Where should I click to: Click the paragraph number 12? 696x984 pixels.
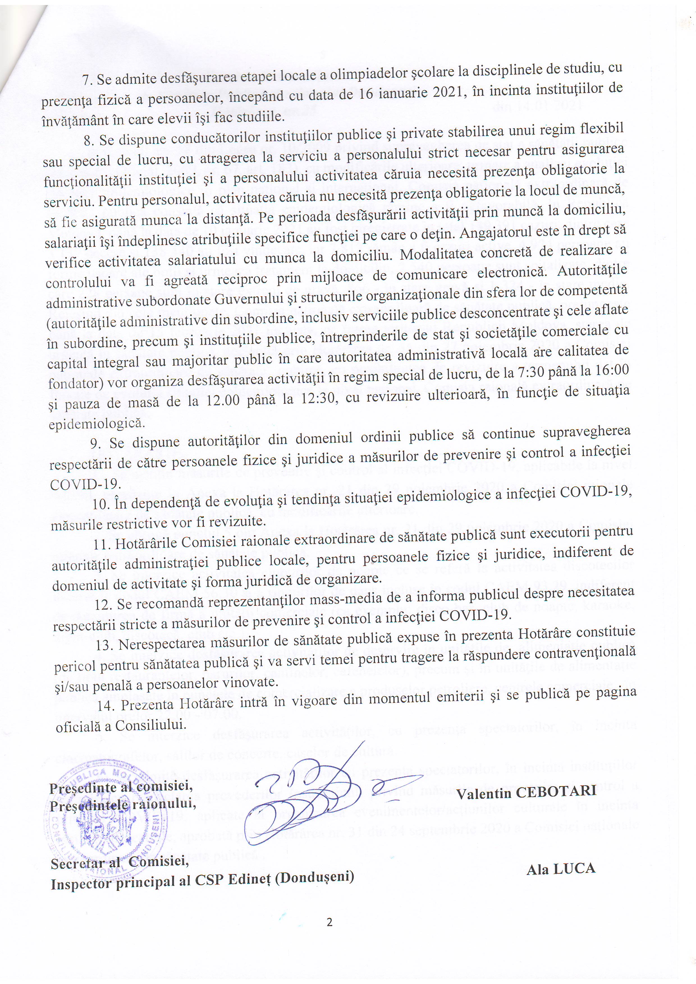click(102, 604)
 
